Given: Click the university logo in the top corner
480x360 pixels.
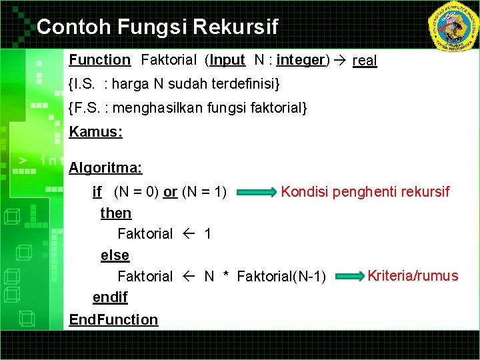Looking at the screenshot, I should pos(453,26).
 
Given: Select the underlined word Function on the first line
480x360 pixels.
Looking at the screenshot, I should pos(100,60).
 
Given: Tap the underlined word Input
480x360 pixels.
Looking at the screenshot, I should pos(227,60).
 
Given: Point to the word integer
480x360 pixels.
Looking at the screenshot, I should pos(300,60).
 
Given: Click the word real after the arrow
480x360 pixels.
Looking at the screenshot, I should pos(365,61).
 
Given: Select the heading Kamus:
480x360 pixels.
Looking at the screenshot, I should pos(95,132).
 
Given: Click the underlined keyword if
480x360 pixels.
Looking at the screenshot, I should pos(97,193).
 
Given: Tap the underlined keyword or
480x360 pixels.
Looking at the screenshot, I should pos(170,193).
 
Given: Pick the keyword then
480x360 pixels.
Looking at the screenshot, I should pos(116,213).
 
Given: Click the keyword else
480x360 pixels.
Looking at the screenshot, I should pos(115,255).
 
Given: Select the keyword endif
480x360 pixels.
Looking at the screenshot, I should pos(110,297).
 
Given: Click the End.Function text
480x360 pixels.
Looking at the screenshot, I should pos(113,320).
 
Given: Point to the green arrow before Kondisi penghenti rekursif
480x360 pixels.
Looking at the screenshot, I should pos(256,193).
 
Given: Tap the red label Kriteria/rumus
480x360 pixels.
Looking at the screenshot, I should pos(413,275).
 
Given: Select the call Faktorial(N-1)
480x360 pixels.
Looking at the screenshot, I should pos(281,277).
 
